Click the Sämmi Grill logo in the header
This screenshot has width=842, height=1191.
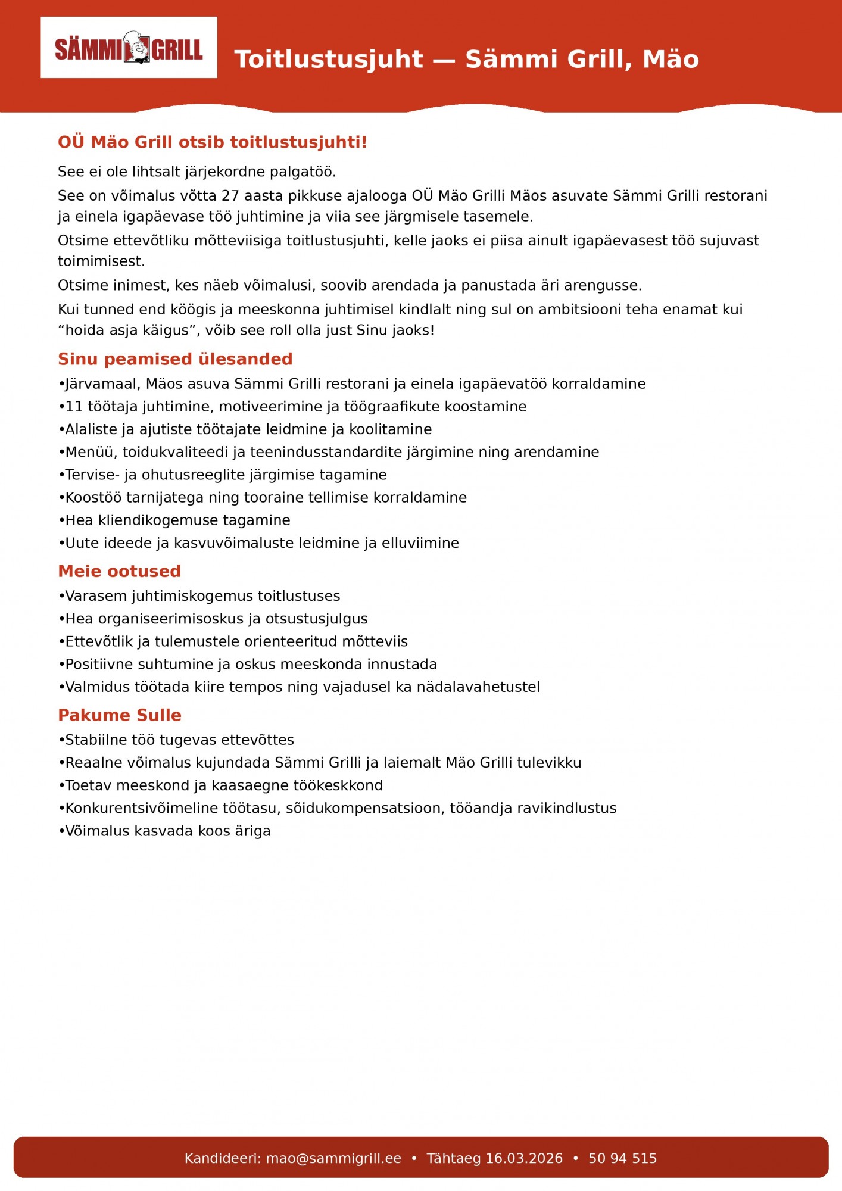[x=129, y=48]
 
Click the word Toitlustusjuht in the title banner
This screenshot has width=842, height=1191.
[x=329, y=60]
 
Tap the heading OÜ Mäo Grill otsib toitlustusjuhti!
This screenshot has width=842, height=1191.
[x=212, y=142]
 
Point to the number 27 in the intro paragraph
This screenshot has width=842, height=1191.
[x=230, y=196]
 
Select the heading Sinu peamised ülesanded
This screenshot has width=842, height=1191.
[x=175, y=359]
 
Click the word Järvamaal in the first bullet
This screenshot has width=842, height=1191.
[x=102, y=384]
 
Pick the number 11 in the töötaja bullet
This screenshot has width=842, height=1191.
[x=74, y=407]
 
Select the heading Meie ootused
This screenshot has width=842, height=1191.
[x=119, y=571]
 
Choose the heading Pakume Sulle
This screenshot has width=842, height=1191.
[x=120, y=715]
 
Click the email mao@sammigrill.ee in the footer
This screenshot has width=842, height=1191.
[x=333, y=1158]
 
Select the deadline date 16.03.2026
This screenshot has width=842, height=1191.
[x=524, y=1158]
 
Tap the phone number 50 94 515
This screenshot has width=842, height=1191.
[x=622, y=1158]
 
